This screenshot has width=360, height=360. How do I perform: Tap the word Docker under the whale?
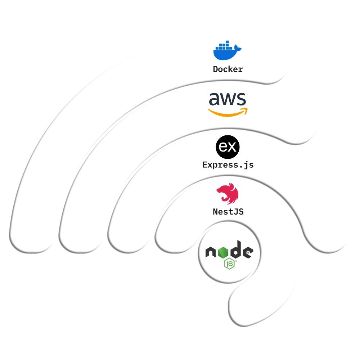tap(228, 69)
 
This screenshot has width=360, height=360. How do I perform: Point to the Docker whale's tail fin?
tap(237, 48)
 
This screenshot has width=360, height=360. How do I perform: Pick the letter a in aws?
tap(215, 99)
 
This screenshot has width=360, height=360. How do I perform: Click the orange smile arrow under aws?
tap(228, 112)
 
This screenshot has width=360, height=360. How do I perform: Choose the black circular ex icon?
tap(228, 147)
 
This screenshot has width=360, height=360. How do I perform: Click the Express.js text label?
tap(228, 165)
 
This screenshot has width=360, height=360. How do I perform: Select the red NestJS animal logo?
tap(228, 194)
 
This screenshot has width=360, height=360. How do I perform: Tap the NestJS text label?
tap(228, 212)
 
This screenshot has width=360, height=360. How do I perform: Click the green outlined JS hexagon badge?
tap(229, 265)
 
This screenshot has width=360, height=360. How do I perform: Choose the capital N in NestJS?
tap(215, 212)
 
